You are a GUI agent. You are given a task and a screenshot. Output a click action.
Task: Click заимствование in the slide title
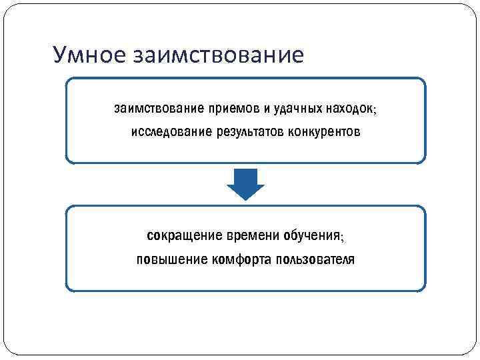218,54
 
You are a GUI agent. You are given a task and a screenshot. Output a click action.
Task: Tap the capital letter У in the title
60,54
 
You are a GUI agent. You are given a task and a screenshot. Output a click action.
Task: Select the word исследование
171,131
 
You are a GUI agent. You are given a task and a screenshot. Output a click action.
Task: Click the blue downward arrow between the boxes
246,185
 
